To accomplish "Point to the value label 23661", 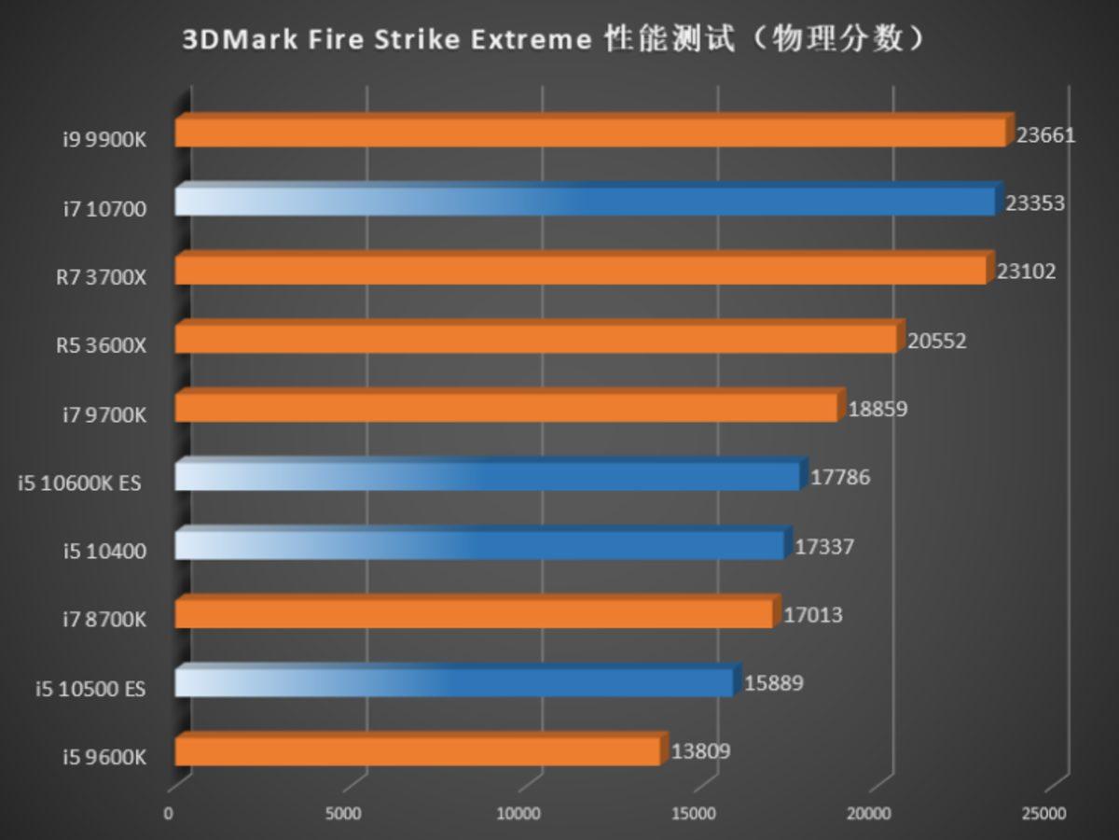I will pyautogui.click(x=1046, y=135).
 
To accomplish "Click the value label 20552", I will pyautogui.click(x=937, y=341).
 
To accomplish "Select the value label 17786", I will pyautogui.click(x=840, y=478).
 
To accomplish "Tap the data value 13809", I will pyautogui.click(x=700, y=751).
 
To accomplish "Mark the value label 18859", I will pyautogui.click(x=877, y=409).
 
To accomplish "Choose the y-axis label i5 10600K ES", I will pyautogui.click(x=79, y=483).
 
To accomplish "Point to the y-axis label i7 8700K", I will pyautogui.click(x=104, y=620).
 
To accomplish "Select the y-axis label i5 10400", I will pyautogui.click(x=104, y=552).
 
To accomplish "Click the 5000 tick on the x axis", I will pyautogui.click(x=343, y=814).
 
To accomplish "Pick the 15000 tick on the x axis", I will pyautogui.click(x=694, y=814).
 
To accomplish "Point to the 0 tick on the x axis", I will pyautogui.click(x=168, y=814).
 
